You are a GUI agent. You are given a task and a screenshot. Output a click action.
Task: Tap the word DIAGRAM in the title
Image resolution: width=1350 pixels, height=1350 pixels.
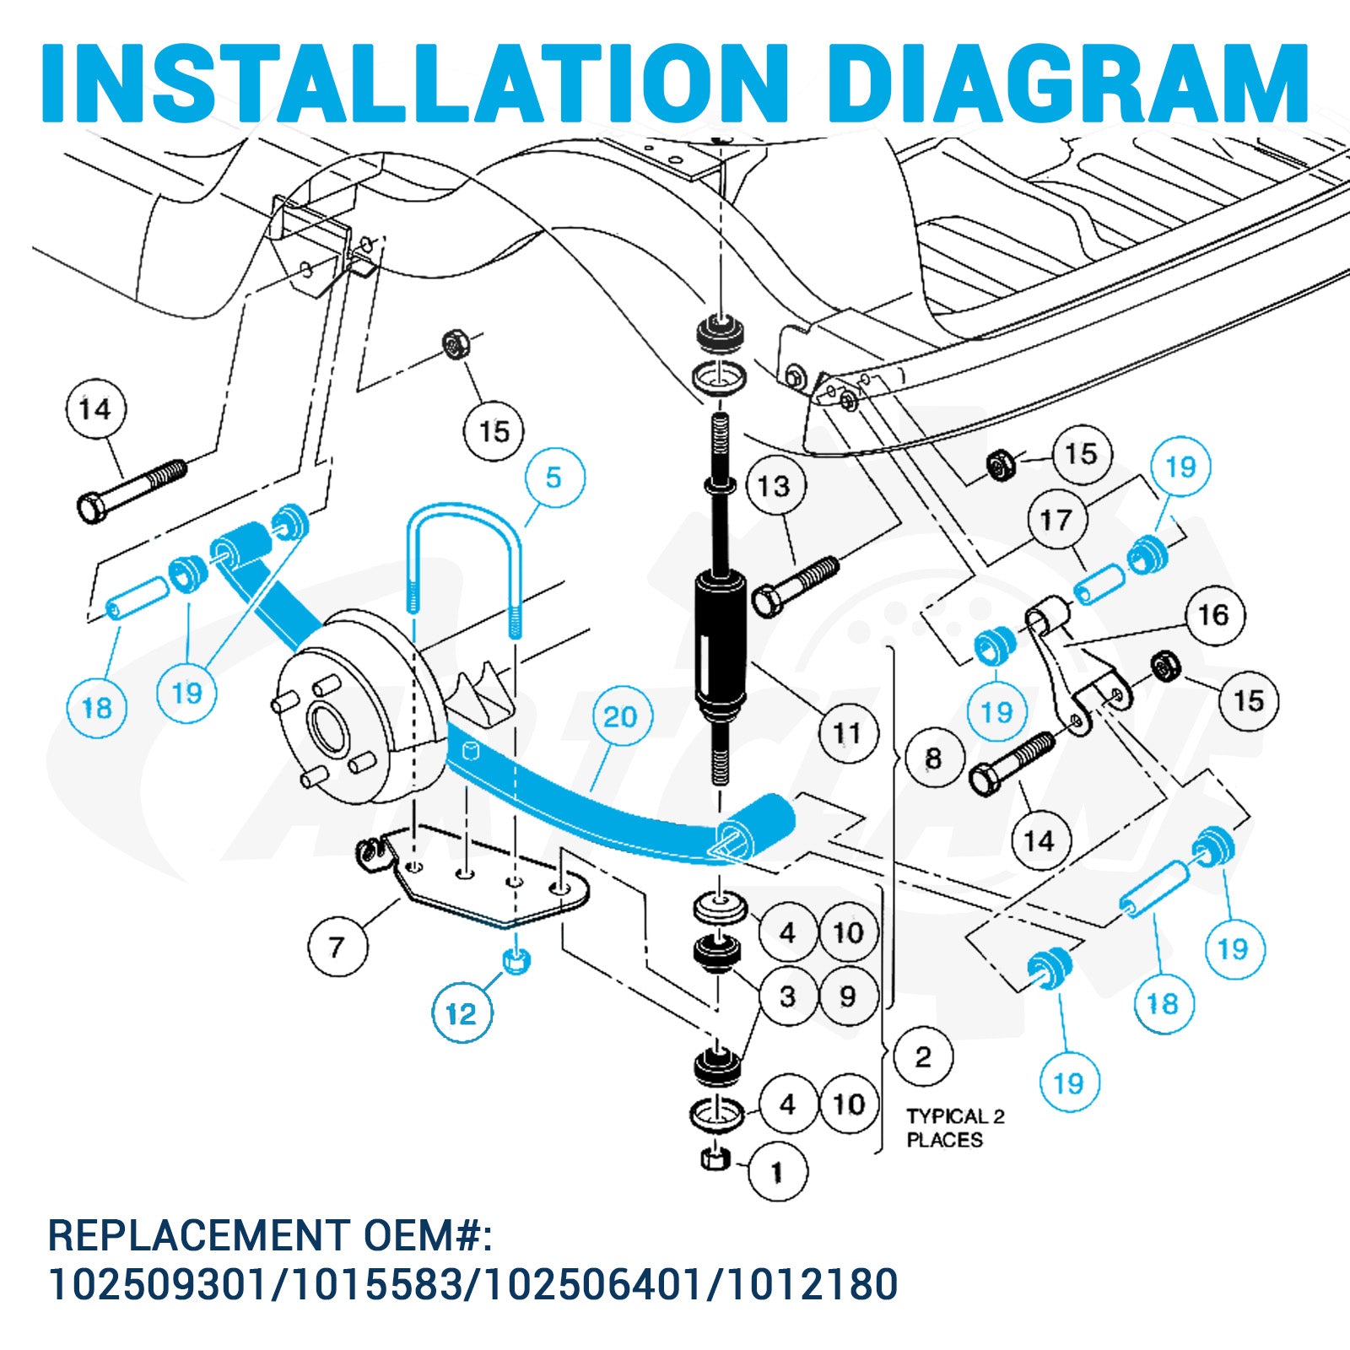(x=1069, y=82)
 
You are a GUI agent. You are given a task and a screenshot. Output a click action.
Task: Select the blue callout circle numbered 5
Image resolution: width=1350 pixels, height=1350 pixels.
(x=553, y=478)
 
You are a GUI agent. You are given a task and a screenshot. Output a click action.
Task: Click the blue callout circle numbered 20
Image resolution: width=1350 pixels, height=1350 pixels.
(x=620, y=717)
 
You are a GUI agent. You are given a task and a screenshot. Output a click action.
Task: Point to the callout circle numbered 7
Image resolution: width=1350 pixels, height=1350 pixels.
(x=337, y=947)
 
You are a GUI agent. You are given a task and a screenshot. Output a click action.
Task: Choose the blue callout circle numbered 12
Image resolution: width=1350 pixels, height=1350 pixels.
(x=462, y=1013)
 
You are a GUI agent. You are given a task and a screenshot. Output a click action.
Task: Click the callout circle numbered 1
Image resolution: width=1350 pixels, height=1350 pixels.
(x=778, y=1172)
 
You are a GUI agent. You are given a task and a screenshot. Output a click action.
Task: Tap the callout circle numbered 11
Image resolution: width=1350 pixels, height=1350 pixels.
(x=846, y=733)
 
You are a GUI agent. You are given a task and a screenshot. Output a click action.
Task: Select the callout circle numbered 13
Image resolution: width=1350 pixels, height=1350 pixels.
(x=775, y=486)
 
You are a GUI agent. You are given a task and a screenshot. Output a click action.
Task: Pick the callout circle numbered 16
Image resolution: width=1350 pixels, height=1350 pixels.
(x=1214, y=615)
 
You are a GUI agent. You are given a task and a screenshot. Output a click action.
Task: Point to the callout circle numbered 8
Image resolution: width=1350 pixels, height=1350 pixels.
(x=933, y=759)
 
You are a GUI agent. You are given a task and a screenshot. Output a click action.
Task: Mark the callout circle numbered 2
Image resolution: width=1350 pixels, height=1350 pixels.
(x=923, y=1057)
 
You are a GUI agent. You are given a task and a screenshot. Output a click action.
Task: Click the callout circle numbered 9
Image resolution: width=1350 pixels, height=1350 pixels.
(x=848, y=996)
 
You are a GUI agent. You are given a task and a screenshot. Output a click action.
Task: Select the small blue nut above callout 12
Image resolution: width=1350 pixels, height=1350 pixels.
(x=516, y=960)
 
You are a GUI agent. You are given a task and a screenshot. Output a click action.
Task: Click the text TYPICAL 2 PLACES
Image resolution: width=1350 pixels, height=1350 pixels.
(x=955, y=1128)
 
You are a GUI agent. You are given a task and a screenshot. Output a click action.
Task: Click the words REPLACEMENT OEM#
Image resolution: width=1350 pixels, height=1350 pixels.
(x=270, y=1234)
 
